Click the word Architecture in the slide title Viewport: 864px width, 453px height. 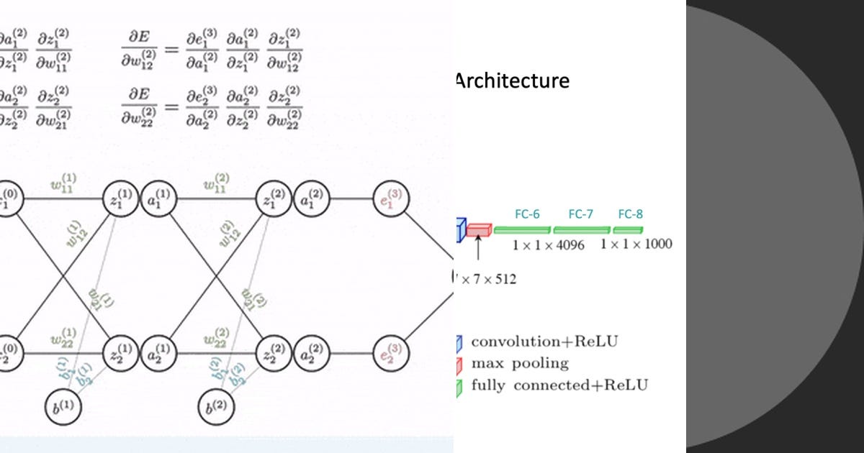[512, 81]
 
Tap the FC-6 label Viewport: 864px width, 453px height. [527, 214]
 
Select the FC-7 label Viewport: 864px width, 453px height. [580, 214]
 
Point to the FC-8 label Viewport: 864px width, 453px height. [630, 214]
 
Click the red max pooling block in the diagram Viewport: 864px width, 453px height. [478, 230]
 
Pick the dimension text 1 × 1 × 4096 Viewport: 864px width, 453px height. [549, 244]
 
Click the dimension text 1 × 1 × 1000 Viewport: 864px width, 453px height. [636, 244]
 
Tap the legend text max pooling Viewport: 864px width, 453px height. [519, 363]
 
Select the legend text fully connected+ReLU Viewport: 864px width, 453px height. [559, 385]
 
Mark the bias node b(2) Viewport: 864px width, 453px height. [217, 406]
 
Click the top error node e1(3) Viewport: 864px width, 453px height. [391, 199]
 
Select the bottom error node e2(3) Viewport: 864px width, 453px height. [391, 354]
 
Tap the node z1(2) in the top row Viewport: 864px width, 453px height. [275, 199]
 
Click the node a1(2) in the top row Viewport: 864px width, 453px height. [311, 199]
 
